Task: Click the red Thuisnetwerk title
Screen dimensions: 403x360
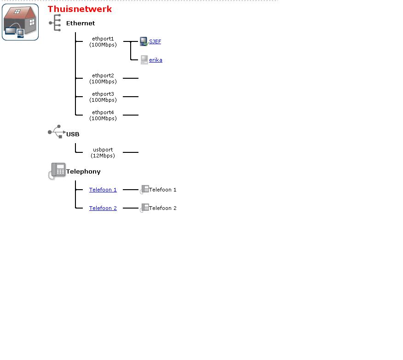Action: click(80, 9)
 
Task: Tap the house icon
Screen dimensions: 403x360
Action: click(20, 22)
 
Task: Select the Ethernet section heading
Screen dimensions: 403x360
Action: click(81, 23)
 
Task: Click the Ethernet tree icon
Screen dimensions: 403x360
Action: click(55, 23)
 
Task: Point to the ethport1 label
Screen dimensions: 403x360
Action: click(103, 41)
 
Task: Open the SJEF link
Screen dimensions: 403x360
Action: click(155, 41)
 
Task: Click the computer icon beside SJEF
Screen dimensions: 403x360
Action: click(144, 41)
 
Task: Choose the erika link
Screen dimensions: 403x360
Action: click(155, 60)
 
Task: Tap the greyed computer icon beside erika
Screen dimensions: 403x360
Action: click(144, 60)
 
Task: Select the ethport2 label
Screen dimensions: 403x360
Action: click(103, 78)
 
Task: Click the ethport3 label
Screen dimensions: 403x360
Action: click(103, 97)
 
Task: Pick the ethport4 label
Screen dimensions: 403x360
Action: click(103, 115)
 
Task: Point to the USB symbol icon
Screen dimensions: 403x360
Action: click(57, 132)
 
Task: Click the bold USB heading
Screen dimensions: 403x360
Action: click(73, 134)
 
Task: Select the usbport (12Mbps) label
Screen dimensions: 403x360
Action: click(103, 152)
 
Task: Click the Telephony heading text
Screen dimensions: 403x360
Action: click(83, 172)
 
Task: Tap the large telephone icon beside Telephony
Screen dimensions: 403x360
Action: click(57, 171)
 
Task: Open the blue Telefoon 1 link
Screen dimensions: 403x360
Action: click(103, 190)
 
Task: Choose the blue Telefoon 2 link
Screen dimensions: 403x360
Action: click(103, 208)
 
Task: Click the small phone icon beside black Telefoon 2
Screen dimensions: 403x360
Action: click(144, 208)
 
